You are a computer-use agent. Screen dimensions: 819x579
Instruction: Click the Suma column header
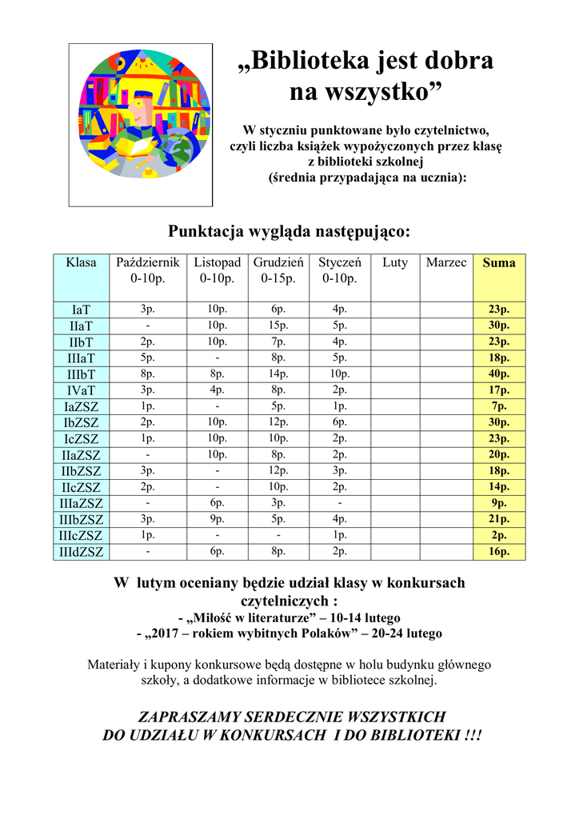coord(499,263)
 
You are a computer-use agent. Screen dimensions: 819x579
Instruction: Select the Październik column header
coord(147,263)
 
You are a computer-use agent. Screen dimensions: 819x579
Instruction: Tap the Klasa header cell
coord(81,263)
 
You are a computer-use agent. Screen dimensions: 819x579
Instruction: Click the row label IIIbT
coord(81,374)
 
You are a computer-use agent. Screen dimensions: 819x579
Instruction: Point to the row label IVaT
coord(81,390)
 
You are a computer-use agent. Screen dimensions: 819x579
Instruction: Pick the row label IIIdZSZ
coord(81,552)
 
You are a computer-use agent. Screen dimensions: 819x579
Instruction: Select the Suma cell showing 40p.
coord(499,374)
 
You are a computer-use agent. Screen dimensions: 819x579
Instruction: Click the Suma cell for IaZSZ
coord(499,406)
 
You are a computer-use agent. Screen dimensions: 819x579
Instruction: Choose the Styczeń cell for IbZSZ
coord(340,422)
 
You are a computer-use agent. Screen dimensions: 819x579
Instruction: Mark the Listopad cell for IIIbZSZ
coord(217,519)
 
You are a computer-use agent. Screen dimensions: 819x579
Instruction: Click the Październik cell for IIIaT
coord(147,358)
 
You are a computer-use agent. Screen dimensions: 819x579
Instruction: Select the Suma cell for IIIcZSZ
coord(499,535)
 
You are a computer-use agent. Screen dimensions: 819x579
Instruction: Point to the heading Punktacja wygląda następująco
coord(289,231)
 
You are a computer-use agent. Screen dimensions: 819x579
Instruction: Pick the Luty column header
coord(395,263)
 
